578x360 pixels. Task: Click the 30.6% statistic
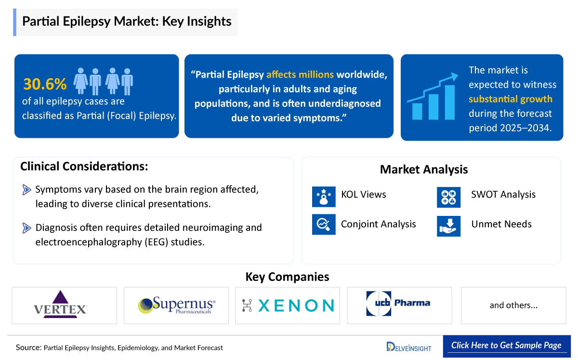[x=45, y=84]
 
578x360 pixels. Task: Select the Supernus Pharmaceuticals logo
[x=177, y=305]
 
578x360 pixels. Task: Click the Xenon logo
[x=288, y=305]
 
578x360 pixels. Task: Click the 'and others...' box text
[x=513, y=305]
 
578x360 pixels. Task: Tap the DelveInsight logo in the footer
[x=409, y=347]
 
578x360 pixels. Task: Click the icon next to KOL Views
[x=324, y=195]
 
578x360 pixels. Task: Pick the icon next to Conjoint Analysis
[x=324, y=224]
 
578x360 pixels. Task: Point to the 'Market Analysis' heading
[x=424, y=169]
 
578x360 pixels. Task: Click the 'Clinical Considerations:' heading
[x=84, y=166]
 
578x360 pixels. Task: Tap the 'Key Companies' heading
[x=287, y=277]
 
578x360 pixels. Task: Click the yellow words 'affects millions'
[x=300, y=75]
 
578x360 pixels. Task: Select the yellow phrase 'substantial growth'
[x=510, y=99]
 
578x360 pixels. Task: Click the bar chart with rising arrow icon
[x=433, y=96]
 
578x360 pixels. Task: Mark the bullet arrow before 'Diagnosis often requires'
[x=27, y=227]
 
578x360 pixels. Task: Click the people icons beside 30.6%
[x=103, y=81]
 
